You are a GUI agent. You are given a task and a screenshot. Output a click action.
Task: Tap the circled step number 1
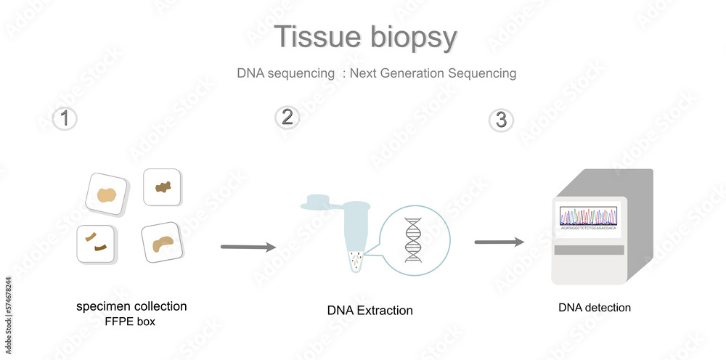click(x=65, y=118)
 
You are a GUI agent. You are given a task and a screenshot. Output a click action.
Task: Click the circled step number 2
click(x=287, y=117)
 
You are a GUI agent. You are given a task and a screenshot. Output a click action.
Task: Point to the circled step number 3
click(x=501, y=120)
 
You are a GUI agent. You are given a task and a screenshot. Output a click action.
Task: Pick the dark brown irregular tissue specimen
click(x=162, y=187)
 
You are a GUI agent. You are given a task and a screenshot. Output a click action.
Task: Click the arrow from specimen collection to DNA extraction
click(x=248, y=247)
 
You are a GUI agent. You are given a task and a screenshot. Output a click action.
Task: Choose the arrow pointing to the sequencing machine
click(x=499, y=242)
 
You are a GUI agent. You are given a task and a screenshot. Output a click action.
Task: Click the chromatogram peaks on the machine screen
click(x=588, y=216)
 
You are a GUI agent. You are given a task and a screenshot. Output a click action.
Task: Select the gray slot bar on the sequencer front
click(x=589, y=250)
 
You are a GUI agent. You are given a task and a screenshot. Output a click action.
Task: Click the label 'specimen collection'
click(x=131, y=306)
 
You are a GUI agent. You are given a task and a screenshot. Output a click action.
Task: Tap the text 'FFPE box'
click(x=131, y=321)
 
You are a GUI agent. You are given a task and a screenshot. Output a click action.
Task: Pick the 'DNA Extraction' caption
click(x=370, y=311)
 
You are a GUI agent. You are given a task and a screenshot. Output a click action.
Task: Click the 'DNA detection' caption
click(x=595, y=308)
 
